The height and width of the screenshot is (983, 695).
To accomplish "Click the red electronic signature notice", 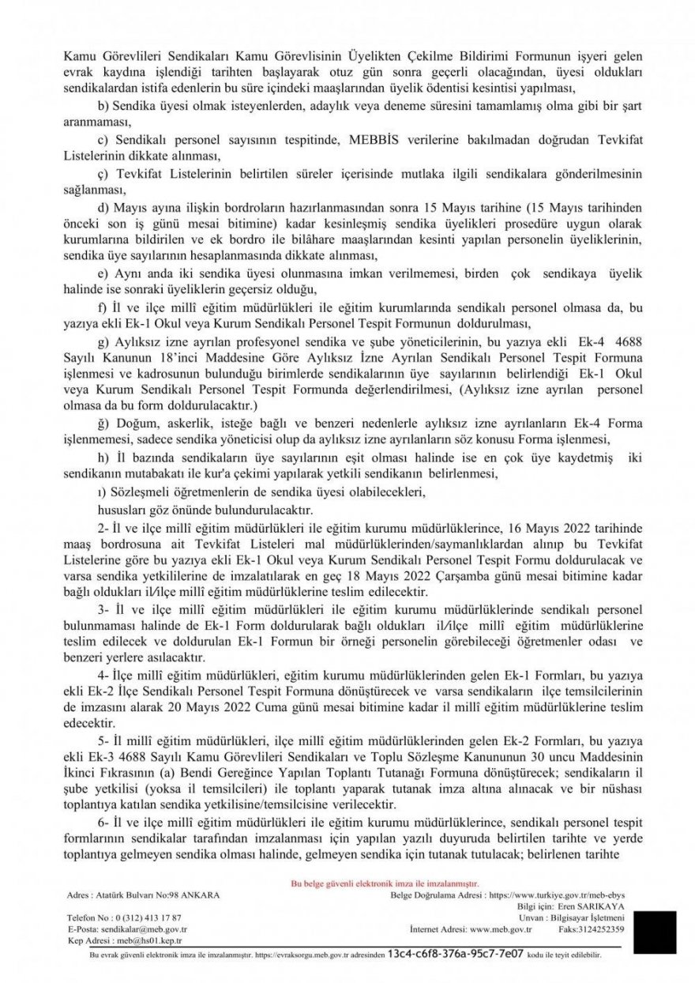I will click(385, 883).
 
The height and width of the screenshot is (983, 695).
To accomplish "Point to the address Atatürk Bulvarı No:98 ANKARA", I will click(143, 894).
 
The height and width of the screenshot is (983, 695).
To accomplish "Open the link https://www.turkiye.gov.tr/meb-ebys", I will click(558, 894).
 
